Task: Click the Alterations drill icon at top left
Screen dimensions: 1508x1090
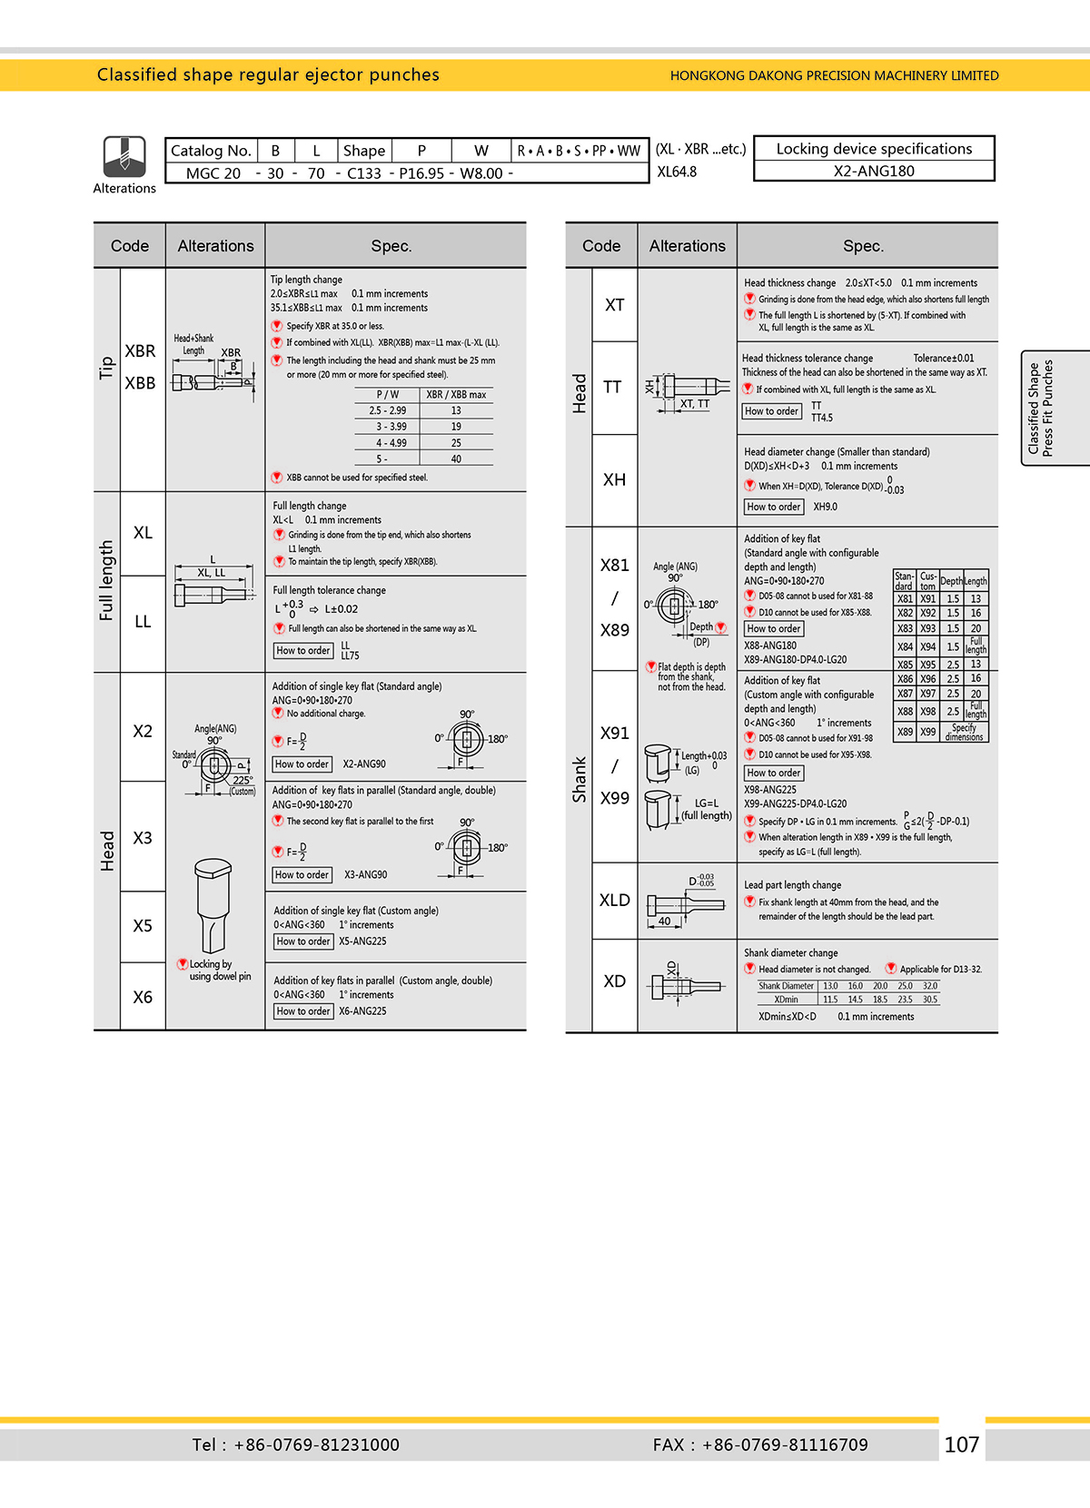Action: [x=124, y=157]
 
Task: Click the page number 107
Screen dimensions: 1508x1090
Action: [x=961, y=1444]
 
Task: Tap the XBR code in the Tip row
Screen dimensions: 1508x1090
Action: [x=140, y=351]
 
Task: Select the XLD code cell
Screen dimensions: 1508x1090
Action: [x=614, y=901]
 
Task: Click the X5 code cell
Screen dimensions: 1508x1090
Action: [x=143, y=926]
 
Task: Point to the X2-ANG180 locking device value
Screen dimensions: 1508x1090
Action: [x=874, y=171]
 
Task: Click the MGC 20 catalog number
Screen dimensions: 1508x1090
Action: [x=213, y=173]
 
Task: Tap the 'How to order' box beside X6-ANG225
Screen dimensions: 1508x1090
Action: [x=302, y=1011]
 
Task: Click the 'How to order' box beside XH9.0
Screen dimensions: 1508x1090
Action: [x=774, y=507]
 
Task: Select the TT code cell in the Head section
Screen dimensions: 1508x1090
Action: [x=613, y=388]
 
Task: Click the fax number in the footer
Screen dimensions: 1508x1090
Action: [x=760, y=1444]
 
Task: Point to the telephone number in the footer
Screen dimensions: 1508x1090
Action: [x=295, y=1444]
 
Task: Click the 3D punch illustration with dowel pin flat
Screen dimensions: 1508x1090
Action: [x=213, y=904]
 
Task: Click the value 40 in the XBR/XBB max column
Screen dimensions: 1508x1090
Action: [x=456, y=459]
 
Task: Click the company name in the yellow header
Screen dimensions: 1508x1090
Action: [x=834, y=75]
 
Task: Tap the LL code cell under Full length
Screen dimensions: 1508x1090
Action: [x=143, y=622]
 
